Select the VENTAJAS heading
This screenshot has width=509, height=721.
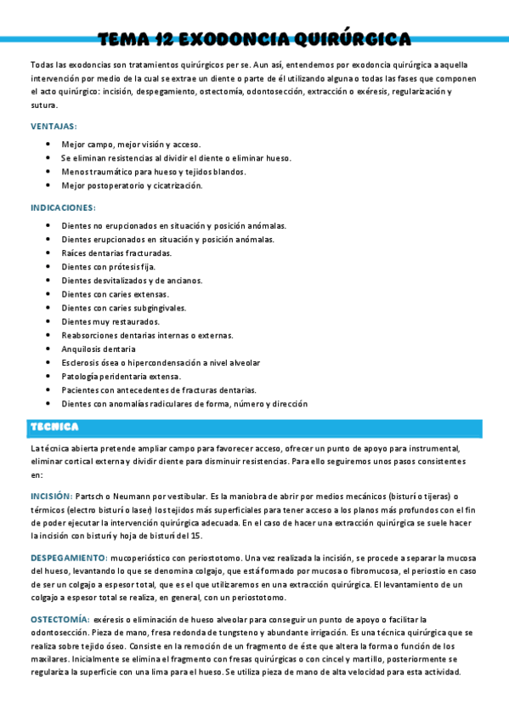coord(54,126)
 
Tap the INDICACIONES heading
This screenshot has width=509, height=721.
coord(63,207)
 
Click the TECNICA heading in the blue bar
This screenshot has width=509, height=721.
coord(54,427)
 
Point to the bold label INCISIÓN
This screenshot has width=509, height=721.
coord(51,495)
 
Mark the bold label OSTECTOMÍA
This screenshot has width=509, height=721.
coord(59,619)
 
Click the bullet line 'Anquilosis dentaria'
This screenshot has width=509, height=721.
coord(99,349)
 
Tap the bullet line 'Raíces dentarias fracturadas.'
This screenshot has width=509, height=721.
coord(116,253)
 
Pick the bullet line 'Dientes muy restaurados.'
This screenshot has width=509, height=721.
coord(110,321)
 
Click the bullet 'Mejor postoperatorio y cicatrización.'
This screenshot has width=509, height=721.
coord(132,185)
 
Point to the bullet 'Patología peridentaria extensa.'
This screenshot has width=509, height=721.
coord(122,376)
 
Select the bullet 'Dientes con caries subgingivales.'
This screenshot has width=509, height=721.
coord(124,308)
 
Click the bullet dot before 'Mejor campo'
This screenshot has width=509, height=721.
coord(48,145)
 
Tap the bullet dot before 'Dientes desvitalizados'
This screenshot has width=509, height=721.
coord(48,281)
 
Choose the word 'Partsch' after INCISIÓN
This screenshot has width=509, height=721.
coord(90,495)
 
